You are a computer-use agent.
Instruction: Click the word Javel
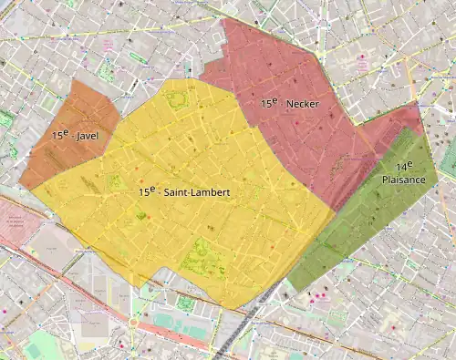pyautogui.click(x=88, y=136)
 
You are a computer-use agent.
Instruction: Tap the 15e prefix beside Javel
pyautogui.click(x=60, y=134)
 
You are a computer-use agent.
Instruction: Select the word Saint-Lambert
pyautogui.click(x=199, y=193)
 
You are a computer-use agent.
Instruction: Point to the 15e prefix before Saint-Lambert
pyautogui.click(x=148, y=192)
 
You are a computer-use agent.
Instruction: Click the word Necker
pyautogui.click(x=303, y=104)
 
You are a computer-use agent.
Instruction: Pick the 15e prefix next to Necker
pyautogui.click(x=269, y=103)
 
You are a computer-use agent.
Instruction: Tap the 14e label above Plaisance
pyautogui.click(x=403, y=166)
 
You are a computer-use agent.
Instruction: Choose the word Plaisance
pyautogui.click(x=403, y=180)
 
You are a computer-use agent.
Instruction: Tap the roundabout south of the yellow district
pyautogui.click(x=138, y=324)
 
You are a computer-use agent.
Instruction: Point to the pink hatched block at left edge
pyautogui.click(x=11, y=223)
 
